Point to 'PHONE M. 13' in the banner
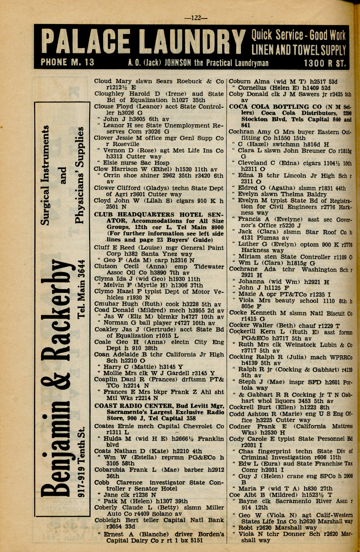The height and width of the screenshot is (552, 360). [x=67, y=62]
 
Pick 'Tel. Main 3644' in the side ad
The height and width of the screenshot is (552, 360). [x=82, y=289]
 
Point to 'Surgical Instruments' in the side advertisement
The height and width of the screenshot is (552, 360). [x=45, y=176]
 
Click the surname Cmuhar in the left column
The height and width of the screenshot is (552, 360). [x=106, y=304]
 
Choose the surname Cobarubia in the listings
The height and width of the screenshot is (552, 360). [x=111, y=470]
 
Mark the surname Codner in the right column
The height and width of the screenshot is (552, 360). [x=240, y=426]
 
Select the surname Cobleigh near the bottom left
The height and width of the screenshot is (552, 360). [x=108, y=520]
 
